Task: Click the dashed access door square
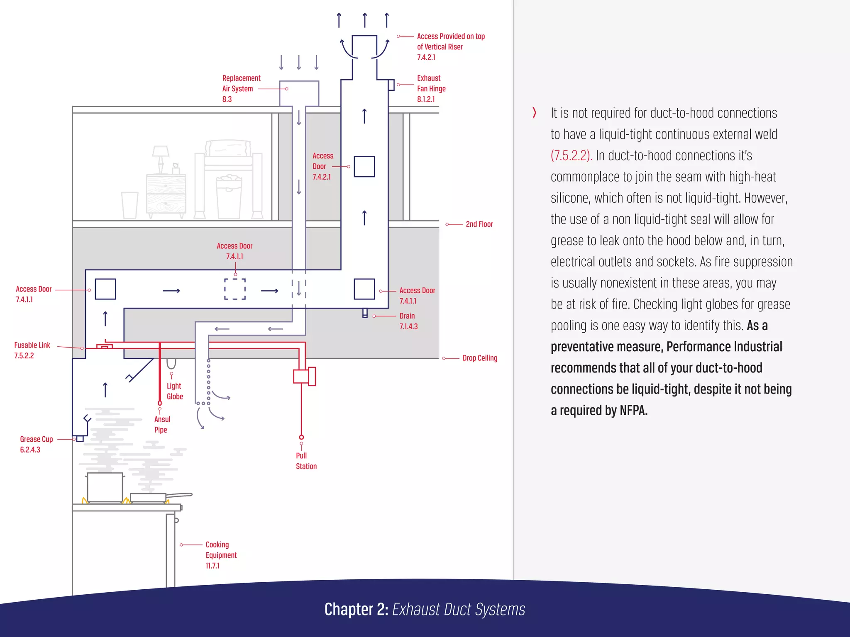click(x=235, y=289)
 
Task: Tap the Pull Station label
click(x=306, y=461)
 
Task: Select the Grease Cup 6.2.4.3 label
click(x=36, y=444)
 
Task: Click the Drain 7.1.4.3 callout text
click(x=408, y=321)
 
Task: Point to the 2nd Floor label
click(x=479, y=224)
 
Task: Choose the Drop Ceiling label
click(x=480, y=358)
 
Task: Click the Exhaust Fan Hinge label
click(x=431, y=88)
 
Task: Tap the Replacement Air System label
click(x=241, y=88)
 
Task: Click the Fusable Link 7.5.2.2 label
click(x=32, y=350)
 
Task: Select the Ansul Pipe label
click(x=162, y=424)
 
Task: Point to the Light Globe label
click(x=175, y=391)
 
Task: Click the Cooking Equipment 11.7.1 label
click(x=221, y=555)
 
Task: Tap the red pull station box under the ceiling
click(x=304, y=376)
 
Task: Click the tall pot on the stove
click(x=105, y=487)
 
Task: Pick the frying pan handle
click(x=179, y=495)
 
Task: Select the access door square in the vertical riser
click(x=364, y=167)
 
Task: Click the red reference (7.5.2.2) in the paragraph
click(x=571, y=156)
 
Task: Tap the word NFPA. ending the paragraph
click(x=633, y=411)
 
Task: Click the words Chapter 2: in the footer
click(x=356, y=610)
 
